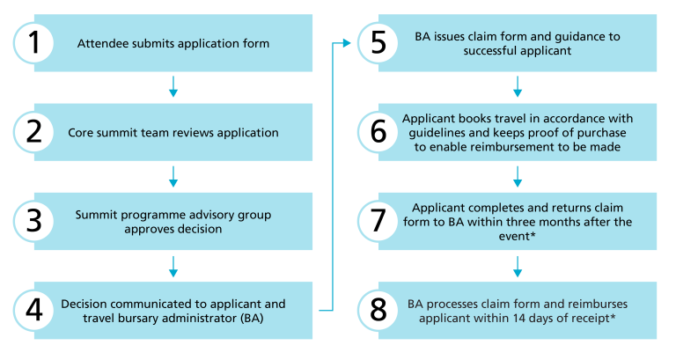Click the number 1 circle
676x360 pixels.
pyautogui.click(x=33, y=43)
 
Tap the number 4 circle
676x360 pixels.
pyautogui.click(x=33, y=311)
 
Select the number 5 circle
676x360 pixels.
pyautogui.click(x=378, y=43)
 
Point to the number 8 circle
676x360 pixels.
pyautogui.click(x=378, y=311)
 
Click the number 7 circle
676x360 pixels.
pyautogui.click(x=378, y=221)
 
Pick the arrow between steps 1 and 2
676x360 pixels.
pyautogui.click(x=173, y=86)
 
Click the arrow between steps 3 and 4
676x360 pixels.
pyautogui.click(x=173, y=267)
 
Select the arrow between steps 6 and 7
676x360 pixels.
pyautogui.click(x=518, y=176)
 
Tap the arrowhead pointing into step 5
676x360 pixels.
pyautogui.click(x=347, y=43)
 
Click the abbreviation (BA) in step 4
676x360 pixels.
pyautogui.click(x=253, y=319)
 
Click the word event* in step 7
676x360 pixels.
pyautogui.click(x=517, y=236)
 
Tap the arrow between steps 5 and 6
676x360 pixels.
pyautogui.click(x=518, y=86)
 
